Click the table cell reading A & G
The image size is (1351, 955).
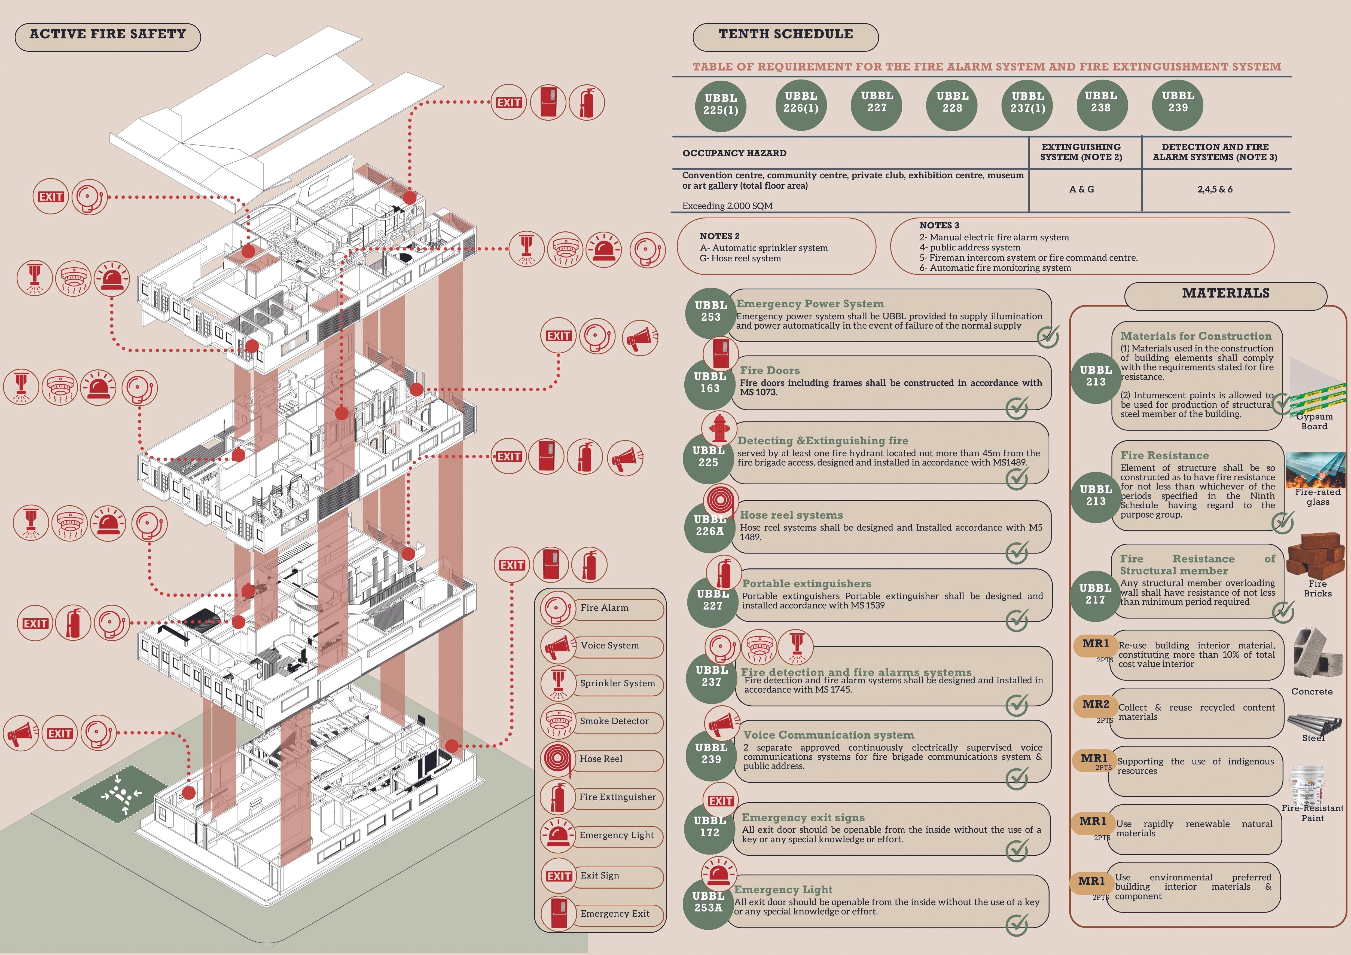(1081, 189)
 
